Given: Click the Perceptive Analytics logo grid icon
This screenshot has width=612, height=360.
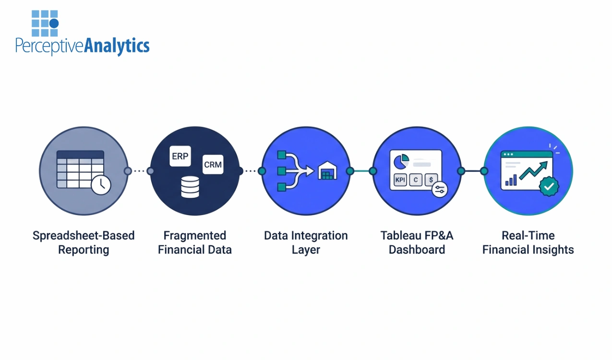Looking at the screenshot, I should (x=45, y=23).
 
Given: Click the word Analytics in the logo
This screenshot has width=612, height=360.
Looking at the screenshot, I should (x=117, y=46).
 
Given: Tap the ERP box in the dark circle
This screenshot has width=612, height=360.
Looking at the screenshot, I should (x=180, y=157).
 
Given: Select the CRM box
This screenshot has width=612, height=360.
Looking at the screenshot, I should (x=213, y=165).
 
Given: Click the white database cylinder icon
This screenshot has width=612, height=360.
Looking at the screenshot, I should (x=190, y=187).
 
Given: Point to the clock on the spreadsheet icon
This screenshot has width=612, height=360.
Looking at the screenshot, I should (x=101, y=185).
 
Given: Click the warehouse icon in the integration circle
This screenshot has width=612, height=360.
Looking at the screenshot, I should (x=327, y=171).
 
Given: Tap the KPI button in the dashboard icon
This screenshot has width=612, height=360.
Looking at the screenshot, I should (x=400, y=180).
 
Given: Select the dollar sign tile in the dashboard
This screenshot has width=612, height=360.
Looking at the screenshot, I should (x=432, y=180).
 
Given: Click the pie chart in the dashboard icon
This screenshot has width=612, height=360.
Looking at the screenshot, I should (x=401, y=161).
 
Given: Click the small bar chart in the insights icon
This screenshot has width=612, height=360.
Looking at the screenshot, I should (x=510, y=180).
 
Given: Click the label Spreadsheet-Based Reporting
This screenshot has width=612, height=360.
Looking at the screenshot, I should (x=84, y=242).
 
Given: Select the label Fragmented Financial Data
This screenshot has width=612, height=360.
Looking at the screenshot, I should (x=194, y=242).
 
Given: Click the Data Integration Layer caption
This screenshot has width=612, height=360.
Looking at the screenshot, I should (x=306, y=242).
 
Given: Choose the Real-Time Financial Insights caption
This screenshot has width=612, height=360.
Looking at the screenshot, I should (x=528, y=242).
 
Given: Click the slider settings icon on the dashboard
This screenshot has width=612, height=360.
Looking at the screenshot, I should (x=439, y=190).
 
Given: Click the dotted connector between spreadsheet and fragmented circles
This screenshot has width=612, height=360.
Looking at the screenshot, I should (x=139, y=171).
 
